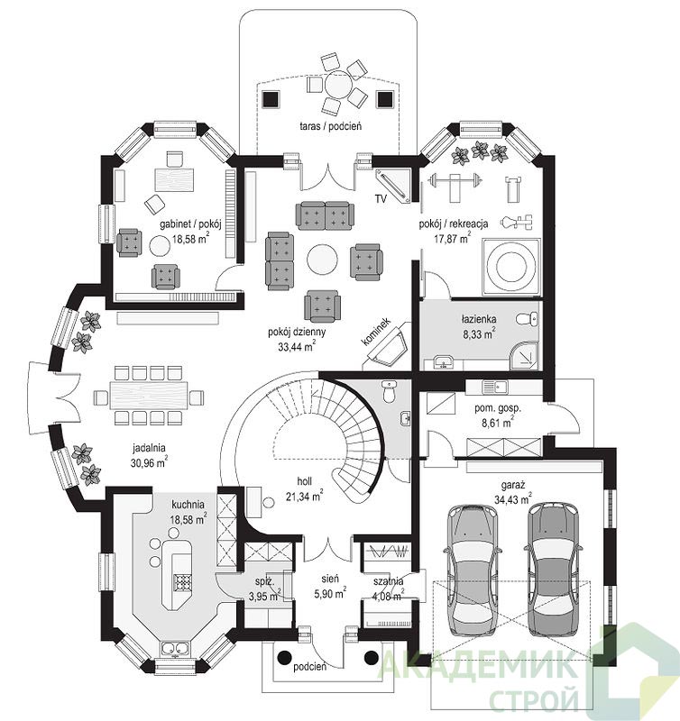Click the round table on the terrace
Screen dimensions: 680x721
click(x=337, y=84)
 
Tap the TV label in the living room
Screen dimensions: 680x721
click(x=381, y=199)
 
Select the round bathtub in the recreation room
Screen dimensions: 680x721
click(x=510, y=267)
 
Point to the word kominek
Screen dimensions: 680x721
click(x=375, y=331)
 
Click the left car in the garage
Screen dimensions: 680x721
click(x=472, y=570)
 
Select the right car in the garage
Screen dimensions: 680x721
click(x=553, y=569)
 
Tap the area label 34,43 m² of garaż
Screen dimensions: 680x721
click(x=513, y=499)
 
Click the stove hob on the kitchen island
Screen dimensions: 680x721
click(x=182, y=582)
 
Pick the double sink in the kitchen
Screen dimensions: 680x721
click(x=174, y=648)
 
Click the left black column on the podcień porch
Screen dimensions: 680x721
click(x=285, y=658)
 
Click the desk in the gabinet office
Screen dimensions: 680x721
click(x=174, y=179)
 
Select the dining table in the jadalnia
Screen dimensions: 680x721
click(x=149, y=396)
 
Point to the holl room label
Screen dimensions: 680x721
click(x=304, y=481)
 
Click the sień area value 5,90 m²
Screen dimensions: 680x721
click(x=330, y=593)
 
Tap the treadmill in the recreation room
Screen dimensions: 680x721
click(x=514, y=188)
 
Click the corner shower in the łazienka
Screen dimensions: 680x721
click(x=525, y=356)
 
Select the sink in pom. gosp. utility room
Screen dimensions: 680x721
click(x=494, y=388)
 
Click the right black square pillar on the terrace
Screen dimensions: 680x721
click(x=386, y=99)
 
